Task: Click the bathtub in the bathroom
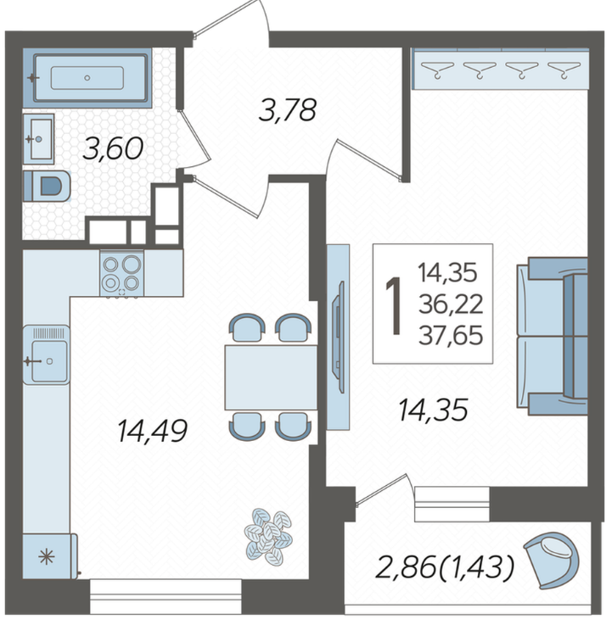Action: click(87, 77)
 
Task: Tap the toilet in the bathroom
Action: click(47, 187)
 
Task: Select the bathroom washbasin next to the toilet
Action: click(38, 139)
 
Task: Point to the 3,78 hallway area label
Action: click(287, 109)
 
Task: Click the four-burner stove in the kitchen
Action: click(121, 273)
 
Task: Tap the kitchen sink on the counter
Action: click(47, 354)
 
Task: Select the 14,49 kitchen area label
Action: click(152, 431)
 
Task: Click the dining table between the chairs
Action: click(271, 377)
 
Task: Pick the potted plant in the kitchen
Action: click(268, 537)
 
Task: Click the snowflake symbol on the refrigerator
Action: click(47, 556)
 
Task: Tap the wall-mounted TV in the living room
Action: click(340, 338)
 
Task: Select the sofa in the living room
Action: click(553, 337)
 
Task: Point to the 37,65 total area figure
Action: click(451, 335)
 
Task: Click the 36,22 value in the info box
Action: click(451, 304)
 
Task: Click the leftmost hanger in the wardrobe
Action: click(438, 69)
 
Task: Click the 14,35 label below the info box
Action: click(433, 410)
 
